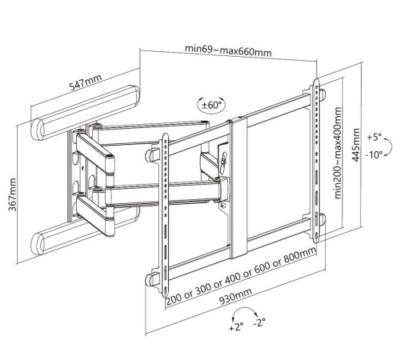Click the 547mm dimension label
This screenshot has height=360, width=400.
tap(86, 82)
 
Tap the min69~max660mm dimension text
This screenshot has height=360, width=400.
tap(228, 50)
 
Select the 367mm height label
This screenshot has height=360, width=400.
tap(12, 194)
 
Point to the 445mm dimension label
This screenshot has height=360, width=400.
tap(356, 145)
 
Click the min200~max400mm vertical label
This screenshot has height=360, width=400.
tap(338, 153)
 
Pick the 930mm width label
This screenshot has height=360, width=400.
tap(235, 296)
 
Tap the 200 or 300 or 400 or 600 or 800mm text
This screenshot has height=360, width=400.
tap(241, 276)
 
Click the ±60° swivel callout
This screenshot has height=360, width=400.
tap(211, 104)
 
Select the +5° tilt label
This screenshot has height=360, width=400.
tap(374, 138)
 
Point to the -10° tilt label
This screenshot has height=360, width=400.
tap(374, 154)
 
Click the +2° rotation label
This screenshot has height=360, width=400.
tap(236, 326)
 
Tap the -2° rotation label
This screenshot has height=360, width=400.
tap(259, 322)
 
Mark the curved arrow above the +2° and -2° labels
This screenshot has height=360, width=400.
tap(244, 308)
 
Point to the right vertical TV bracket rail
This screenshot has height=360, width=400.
tap(316, 161)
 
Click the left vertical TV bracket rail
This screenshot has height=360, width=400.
tap(166, 215)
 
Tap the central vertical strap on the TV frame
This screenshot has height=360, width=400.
tap(239, 187)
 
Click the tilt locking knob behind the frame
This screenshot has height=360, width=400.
tap(224, 159)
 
